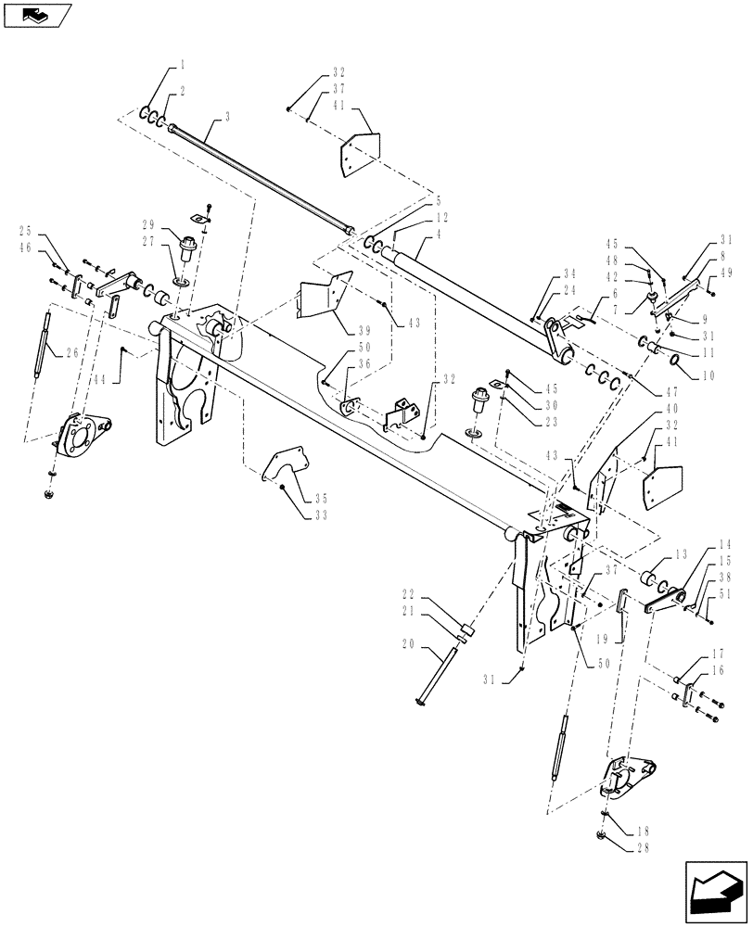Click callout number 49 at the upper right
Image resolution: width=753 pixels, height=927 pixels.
tap(726, 274)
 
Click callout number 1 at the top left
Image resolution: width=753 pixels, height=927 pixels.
tap(183, 65)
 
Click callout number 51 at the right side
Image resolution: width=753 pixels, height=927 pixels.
tap(724, 594)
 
